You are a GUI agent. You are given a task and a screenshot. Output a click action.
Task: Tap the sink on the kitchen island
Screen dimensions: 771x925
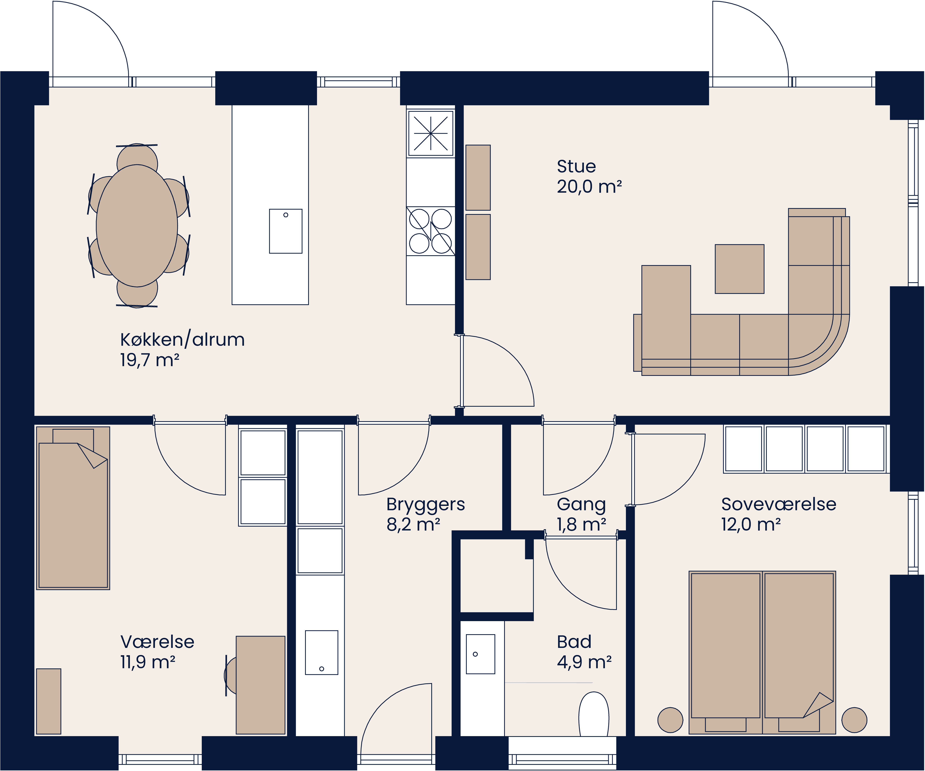(285, 231)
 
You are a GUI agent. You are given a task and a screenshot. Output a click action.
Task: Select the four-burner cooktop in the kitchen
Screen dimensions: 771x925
(430, 231)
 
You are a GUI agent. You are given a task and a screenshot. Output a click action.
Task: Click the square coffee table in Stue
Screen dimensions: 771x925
(739, 269)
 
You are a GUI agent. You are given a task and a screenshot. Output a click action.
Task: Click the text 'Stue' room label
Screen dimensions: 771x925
(576, 166)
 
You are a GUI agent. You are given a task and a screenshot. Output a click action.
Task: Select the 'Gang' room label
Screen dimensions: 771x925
(581, 504)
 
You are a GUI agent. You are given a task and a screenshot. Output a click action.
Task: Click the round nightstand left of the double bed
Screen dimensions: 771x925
(670, 720)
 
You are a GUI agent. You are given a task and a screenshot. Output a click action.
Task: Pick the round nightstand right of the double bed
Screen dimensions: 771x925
(854, 720)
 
